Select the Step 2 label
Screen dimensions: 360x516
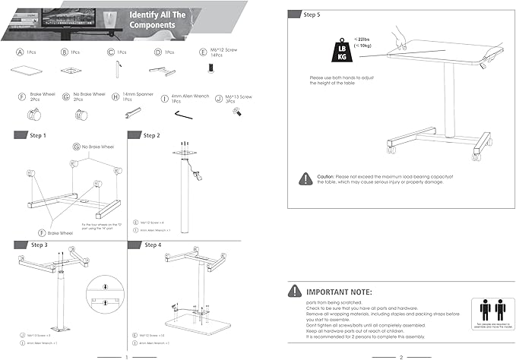pos(151,135)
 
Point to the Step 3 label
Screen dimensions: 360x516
pos(39,245)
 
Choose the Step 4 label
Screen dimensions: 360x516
pos(153,245)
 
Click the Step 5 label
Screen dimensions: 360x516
pos(312,14)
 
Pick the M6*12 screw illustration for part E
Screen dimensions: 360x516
pos(207,69)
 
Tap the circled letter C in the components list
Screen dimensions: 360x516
pos(111,53)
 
